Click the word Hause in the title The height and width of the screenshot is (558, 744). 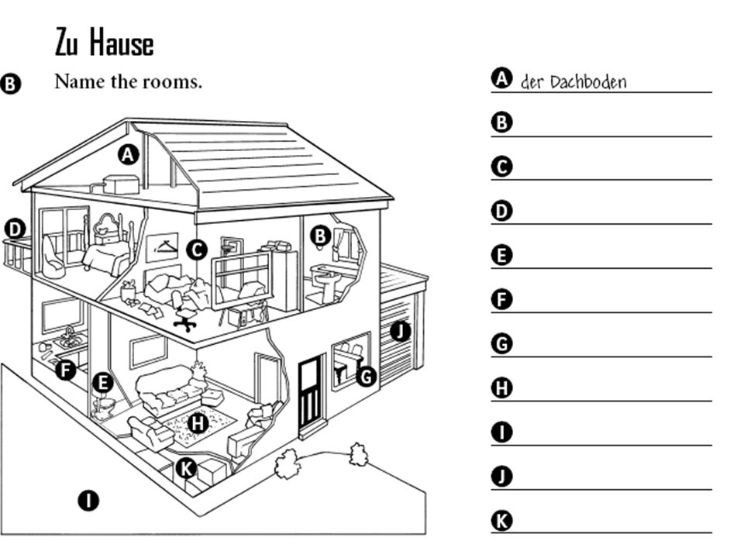click(x=122, y=43)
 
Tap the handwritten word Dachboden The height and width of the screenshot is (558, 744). click(x=588, y=82)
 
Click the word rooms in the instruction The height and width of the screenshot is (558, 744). click(x=179, y=81)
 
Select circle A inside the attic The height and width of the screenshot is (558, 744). click(x=128, y=155)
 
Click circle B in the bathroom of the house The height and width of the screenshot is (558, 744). click(x=321, y=236)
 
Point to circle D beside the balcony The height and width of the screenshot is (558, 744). click(x=15, y=229)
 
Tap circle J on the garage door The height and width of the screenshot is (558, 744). click(x=401, y=331)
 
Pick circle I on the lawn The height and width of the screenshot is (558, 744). click(x=88, y=501)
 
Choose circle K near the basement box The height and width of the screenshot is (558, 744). click(x=186, y=468)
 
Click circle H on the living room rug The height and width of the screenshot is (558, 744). click(x=198, y=423)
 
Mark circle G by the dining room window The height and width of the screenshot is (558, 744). click(x=366, y=377)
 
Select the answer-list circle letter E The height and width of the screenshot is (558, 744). click(x=502, y=255)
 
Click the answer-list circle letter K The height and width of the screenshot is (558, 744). click(x=502, y=521)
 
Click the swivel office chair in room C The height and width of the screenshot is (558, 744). click(x=184, y=312)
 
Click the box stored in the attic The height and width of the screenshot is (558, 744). click(x=121, y=184)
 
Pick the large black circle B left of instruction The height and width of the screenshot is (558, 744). click(x=10, y=84)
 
